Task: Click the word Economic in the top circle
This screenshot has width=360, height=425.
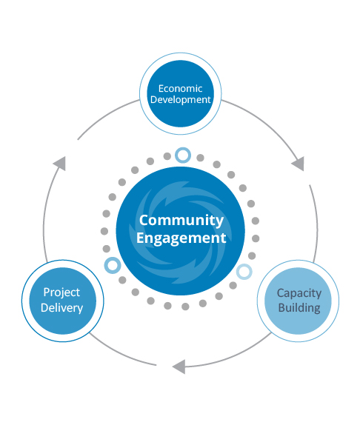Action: coord(180,88)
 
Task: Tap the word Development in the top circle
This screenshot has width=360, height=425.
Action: coord(181,99)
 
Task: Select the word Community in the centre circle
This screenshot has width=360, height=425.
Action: coord(181,220)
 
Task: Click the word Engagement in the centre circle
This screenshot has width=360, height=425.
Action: coord(181,238)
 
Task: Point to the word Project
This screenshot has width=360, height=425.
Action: coord(61,292)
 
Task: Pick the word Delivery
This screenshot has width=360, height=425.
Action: coord(62,308)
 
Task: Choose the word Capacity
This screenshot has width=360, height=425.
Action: coord(299,293)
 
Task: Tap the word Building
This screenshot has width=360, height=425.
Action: coord(299,308)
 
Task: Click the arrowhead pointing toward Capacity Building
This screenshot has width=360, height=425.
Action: coord(299,164)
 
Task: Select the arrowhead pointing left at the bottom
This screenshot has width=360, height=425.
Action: coord(180,367)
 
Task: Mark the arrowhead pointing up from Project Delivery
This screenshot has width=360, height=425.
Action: coord(60,164)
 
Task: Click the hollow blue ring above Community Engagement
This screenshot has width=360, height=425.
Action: coord(183,155)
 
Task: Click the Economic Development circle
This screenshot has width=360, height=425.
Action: coord(181,93)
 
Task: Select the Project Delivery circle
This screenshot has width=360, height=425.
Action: coord(63,301)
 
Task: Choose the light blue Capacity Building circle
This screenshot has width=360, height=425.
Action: coord(298,301)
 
